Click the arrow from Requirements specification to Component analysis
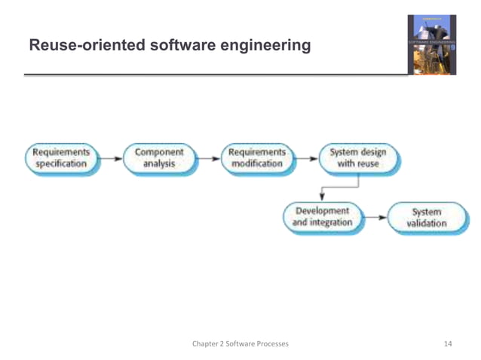coord(110,158)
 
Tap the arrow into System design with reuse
coord(308,158)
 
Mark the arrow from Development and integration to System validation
coord(375,218)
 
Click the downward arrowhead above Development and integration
coord(323,194)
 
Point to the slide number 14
coord(448,344)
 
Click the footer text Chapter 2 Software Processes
coord(240,344)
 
